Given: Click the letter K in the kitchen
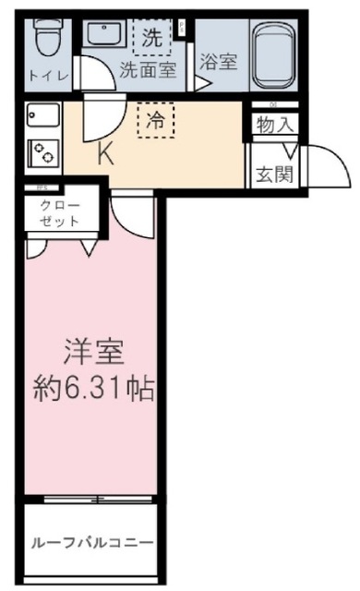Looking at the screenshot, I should [107, 154].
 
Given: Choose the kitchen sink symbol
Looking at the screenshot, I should [42, 117].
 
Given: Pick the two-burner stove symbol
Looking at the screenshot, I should [42, 152].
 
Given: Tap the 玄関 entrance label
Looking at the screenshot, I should [274, 174].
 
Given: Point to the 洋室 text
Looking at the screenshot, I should [94, 352].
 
